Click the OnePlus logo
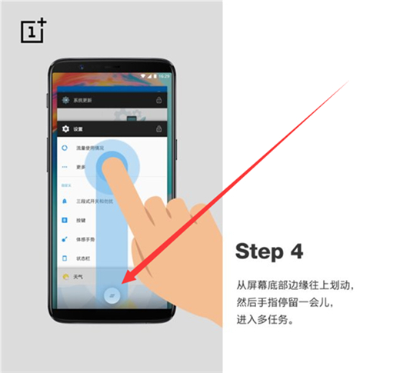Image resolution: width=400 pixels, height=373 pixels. pos(32,31)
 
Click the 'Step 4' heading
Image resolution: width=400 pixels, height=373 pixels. pos(269,251)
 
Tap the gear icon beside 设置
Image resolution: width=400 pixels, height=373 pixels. pos(66,128)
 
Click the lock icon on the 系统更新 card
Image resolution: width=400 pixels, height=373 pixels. pos(158,100)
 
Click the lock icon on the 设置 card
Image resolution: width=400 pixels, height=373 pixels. pos(158,128)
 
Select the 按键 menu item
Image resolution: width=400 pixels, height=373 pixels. pos(82,220)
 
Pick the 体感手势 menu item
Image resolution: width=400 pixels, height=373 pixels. pos(85,239)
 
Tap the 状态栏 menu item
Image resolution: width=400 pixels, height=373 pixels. pos(83,258)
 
